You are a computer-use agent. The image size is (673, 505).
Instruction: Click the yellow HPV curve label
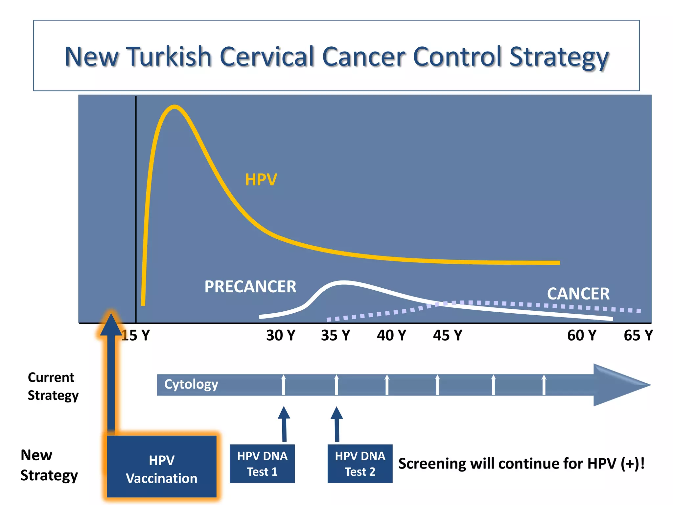coord(261,180)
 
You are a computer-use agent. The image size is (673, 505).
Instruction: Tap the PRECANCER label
coord(250,286)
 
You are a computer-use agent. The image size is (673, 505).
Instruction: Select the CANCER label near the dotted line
coord(578,294)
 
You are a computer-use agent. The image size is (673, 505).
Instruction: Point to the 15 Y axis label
coord(135,336)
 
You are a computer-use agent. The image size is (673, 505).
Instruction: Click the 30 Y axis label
coord(281,336)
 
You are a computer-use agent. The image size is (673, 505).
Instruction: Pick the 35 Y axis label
coord(336,336)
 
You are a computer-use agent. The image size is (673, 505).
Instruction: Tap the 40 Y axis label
coord(391,336)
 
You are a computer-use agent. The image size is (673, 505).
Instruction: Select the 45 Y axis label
coord(447,336)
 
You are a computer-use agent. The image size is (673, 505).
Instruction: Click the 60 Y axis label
coord(582,336)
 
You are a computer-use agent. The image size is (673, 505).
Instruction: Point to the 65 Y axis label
coord(638,336)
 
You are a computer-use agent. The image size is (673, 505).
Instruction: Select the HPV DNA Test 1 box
coord(262,464)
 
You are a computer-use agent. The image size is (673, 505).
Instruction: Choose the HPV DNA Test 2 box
coord(360,464)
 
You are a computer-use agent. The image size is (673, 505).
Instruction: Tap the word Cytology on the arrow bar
coord(191,384)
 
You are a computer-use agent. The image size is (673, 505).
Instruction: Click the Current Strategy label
coord(53,386)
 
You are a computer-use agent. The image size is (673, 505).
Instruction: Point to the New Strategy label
coord(49,465)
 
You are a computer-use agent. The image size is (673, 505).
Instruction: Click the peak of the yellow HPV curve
coord(174,107)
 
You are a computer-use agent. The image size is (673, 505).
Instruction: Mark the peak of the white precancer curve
coord(343,282)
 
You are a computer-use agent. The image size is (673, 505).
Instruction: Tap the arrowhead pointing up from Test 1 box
coord(284,413)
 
